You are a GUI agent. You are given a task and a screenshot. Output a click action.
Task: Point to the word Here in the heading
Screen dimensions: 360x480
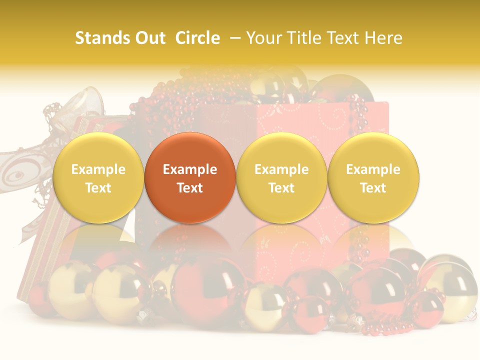[383, 38]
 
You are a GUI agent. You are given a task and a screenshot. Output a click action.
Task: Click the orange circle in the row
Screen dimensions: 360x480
[190, 178]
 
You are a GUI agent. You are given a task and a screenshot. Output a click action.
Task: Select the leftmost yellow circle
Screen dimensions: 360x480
[98, 178]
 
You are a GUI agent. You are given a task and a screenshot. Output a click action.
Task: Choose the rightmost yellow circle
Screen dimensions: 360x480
[373, 178]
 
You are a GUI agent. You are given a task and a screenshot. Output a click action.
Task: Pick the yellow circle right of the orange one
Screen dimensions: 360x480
[281, 178]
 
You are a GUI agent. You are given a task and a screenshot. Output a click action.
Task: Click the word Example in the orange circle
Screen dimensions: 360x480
[190, 169]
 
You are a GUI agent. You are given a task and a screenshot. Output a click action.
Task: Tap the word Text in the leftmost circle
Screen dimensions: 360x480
[98, 188]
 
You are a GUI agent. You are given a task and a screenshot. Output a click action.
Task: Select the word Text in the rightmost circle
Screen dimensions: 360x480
[373, 188]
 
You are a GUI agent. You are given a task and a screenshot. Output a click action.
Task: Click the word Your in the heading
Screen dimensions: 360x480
[263, 38]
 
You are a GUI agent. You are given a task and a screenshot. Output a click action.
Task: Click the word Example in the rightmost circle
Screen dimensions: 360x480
[373, 169]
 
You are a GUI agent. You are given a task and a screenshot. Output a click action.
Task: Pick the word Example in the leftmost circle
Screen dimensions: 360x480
[98, 169]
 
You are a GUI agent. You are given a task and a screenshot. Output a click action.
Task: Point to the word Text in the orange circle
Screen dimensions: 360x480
[190, 188]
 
